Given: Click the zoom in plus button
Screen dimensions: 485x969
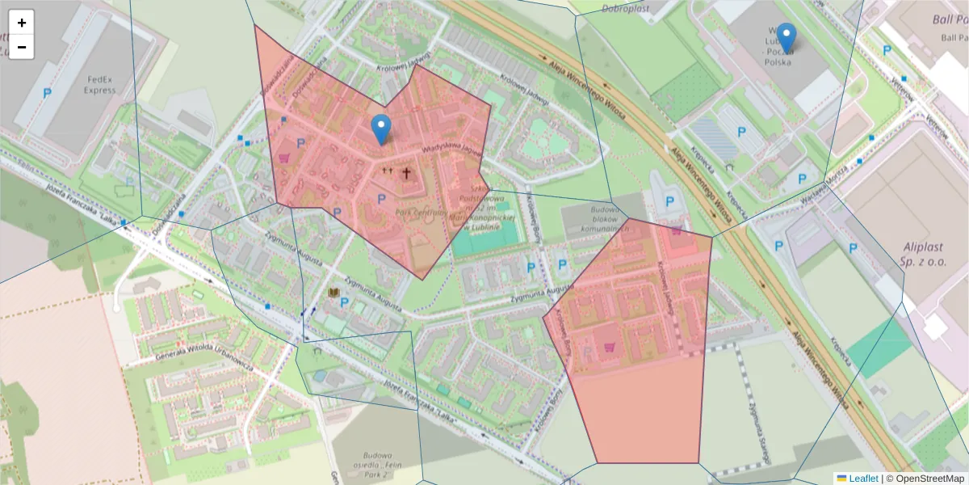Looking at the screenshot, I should pos(22,23).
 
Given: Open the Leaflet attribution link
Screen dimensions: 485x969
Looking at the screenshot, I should pos(863,479).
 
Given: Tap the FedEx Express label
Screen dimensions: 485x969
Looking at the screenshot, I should pos(99,85).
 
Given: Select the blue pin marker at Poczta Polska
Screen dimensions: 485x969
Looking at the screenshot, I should pos(786,37).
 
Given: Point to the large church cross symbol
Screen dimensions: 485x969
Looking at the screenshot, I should pos(407,172).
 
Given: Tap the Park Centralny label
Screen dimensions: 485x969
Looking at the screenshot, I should pos(421,212).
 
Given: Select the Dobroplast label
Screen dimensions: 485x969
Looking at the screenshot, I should pos(626,9).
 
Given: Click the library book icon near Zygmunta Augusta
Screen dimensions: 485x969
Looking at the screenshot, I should pos(333,293).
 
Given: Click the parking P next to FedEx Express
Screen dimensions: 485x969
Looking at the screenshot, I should pos(47,94).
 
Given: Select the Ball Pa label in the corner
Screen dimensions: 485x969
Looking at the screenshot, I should pos(950,28).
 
